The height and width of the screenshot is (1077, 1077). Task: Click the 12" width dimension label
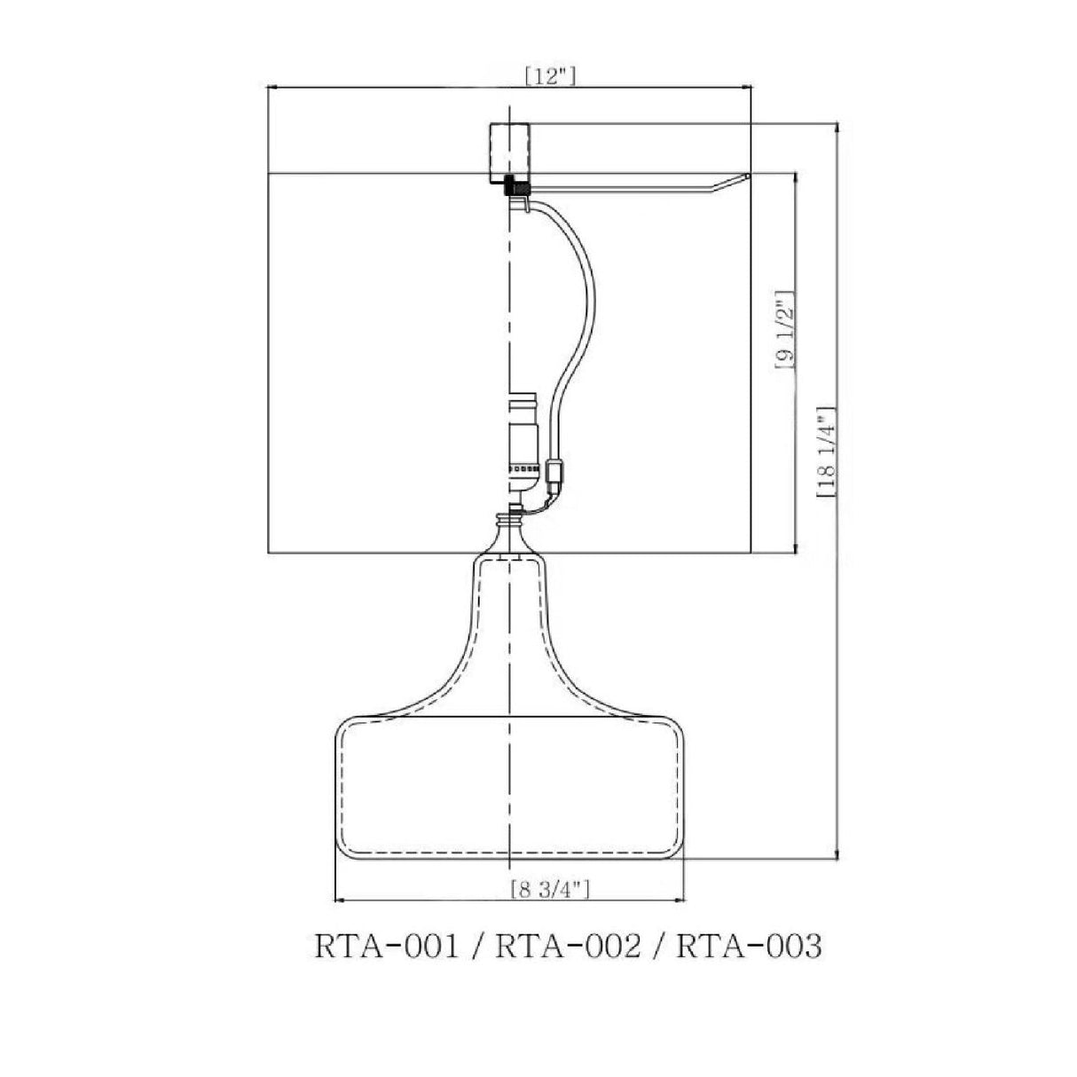coord(550,76)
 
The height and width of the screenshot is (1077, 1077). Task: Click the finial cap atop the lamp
coord(510,153)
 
